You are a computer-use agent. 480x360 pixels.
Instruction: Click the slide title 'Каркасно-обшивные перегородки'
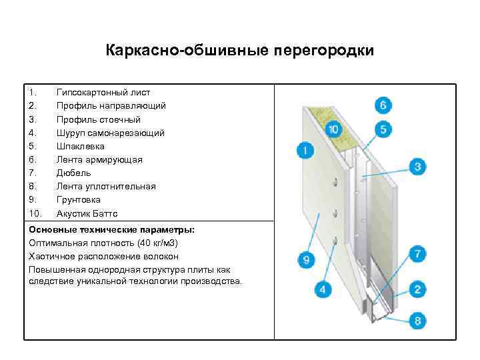[x=240, y=51]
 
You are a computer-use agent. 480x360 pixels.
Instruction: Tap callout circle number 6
[x=383, y=105]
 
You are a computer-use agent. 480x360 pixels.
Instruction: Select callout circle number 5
[x=383, y=129]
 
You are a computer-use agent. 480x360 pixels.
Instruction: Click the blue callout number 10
[x=333, y=129]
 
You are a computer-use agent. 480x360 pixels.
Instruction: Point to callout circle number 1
[x=305, y=151]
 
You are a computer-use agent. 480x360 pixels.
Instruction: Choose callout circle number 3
[x=418, y=166]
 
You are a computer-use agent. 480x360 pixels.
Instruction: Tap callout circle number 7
[x=418, y=254]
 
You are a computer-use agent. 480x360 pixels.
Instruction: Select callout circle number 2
[x=418, y=289]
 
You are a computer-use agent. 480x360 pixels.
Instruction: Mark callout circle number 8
[x=418, y=321]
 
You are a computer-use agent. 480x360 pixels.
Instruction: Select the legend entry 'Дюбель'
[x=74, y=173]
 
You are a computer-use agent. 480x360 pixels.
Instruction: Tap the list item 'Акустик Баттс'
[x=87, y=213]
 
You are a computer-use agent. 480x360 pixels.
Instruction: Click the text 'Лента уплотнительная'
[x=106, y=186]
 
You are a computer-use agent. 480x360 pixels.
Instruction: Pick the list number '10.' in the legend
[x=35, y=213]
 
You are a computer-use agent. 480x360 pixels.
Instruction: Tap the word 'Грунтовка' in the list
[x=79, y=199]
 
